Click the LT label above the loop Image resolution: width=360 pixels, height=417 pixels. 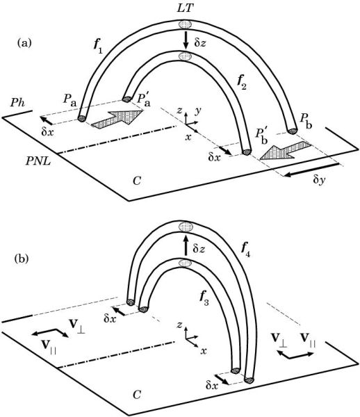click(185, 8)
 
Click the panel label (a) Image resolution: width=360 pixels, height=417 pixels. click(24, 43)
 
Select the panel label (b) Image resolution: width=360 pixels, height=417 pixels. click(21, 259)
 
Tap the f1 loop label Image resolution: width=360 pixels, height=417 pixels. click(97, 47)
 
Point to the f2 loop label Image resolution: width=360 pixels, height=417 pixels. click(241, 83)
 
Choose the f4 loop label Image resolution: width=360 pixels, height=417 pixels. click(245, 250)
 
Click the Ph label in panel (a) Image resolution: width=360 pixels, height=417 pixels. click(17, 103)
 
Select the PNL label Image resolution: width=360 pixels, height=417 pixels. click(38, 161)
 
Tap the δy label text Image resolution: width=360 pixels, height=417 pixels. click(319, 180)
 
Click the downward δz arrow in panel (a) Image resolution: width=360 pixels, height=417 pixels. click(186, 40)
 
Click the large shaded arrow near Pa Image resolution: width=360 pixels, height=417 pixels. click(117, 119)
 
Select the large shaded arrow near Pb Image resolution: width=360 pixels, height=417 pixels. click(285, 151)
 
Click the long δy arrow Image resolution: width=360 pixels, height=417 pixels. click(311, 170)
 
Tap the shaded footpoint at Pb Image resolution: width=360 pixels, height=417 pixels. click(293, 131)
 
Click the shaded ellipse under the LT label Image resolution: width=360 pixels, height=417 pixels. click(186, 24)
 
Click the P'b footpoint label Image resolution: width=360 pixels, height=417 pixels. click(261, 136)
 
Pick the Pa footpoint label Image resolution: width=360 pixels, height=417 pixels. click(69, 99)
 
